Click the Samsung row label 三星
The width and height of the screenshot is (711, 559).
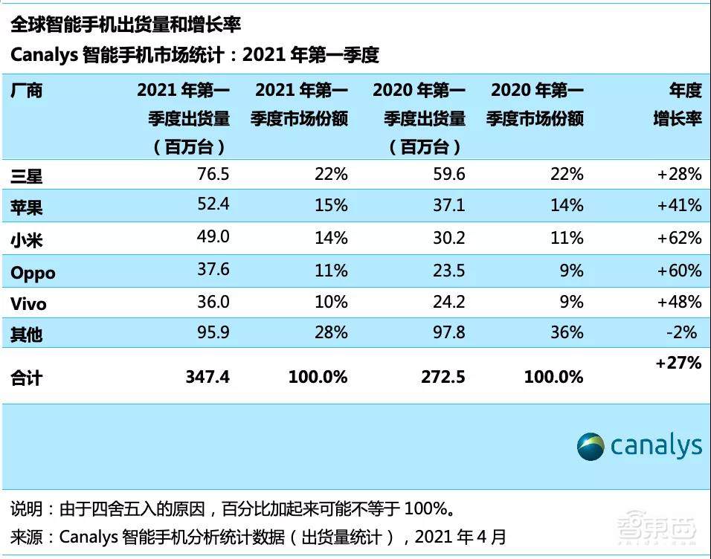point(26,176)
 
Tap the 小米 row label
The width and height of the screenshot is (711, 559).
point(26,239)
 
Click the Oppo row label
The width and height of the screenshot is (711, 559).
point(33,272)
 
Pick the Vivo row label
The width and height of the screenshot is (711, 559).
point(28,303)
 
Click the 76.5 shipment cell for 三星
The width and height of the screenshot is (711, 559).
point(213,175)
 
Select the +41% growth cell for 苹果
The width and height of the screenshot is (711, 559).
point(679,206)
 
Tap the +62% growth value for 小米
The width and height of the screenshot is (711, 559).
point(679,238)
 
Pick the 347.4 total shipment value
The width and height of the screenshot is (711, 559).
point(207,378)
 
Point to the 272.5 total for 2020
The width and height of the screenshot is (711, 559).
point(443,378)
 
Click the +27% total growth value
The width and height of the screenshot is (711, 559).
point(678,363)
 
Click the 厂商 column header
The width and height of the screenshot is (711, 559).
point(26,91)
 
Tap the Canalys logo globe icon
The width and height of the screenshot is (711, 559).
point(591,446)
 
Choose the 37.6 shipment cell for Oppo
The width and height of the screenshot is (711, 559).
point(213,271)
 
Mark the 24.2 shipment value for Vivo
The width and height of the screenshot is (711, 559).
point(448,303)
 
